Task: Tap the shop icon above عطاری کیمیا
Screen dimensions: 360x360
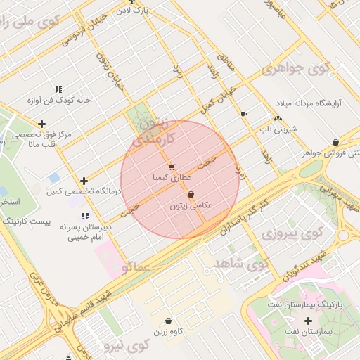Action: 172,167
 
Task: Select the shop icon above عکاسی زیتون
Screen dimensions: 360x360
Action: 191,195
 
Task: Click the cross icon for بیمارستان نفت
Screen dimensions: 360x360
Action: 308,320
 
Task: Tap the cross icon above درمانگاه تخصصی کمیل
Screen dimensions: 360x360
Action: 84,181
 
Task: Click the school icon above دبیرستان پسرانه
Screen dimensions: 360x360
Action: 85,216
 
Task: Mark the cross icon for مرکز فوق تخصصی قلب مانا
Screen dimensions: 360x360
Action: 41,123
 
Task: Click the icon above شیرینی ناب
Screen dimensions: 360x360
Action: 278,118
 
